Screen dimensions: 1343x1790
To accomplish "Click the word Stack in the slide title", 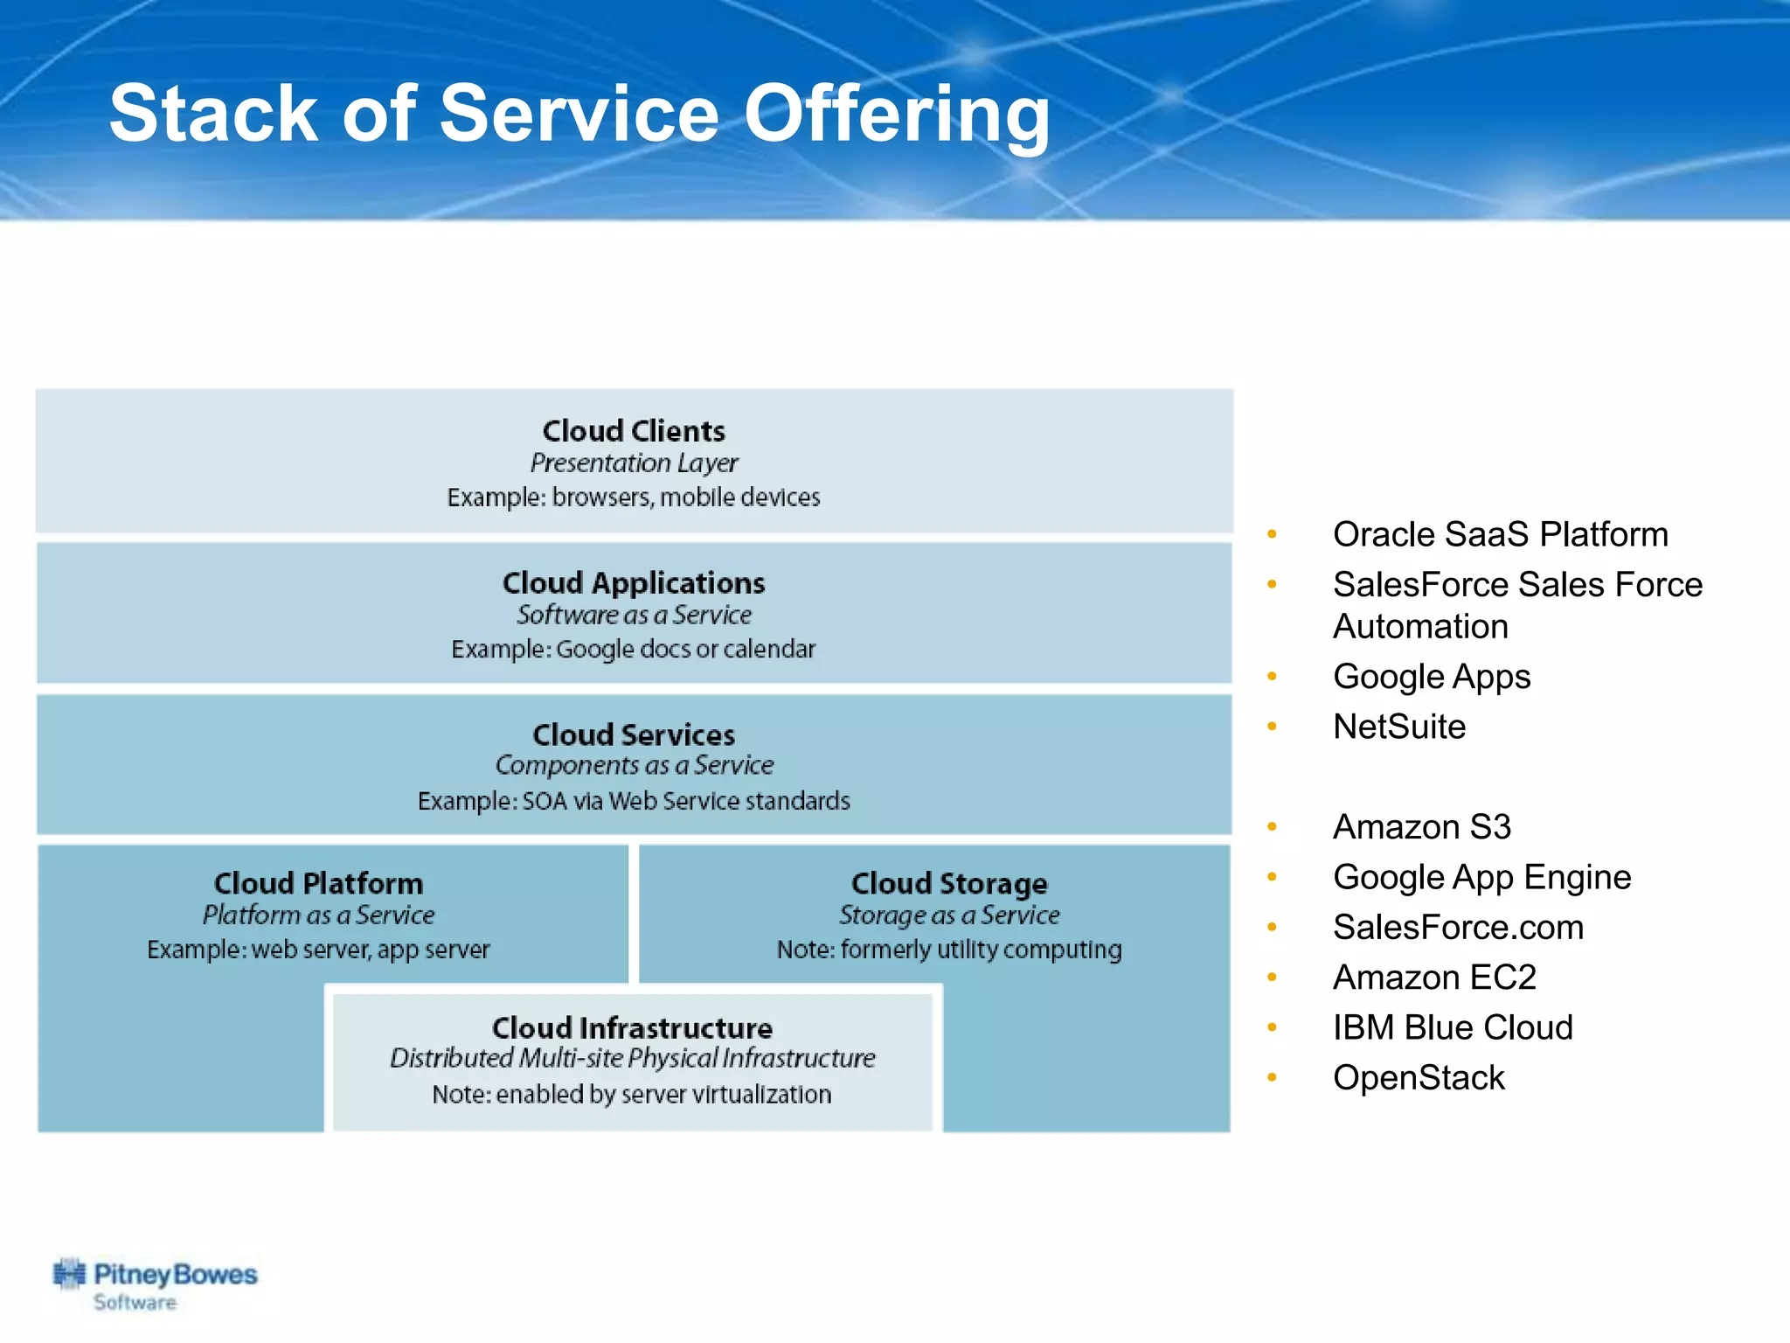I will [213, 114].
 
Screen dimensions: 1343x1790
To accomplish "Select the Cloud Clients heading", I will [634, 431].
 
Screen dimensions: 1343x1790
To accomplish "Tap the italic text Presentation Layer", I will [634, 463].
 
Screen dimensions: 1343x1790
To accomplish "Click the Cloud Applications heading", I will [634, 583].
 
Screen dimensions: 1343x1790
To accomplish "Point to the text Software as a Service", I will [634, 615].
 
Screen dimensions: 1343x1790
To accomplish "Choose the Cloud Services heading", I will [634, 734].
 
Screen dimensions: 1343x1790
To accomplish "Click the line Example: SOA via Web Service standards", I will [634, 801].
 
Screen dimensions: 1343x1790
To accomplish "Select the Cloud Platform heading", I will [318, 883].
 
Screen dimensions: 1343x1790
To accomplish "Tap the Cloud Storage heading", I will [949, 883].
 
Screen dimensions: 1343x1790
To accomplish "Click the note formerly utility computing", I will [949, 950].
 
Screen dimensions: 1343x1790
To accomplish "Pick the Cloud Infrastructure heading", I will [632, 1027].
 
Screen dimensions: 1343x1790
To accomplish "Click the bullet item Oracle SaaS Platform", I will [1500, 534].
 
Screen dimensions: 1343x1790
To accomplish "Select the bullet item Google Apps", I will [1432, 677].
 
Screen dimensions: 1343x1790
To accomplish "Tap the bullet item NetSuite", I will [1399, 727].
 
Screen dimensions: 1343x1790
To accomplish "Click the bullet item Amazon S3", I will [1422, 827].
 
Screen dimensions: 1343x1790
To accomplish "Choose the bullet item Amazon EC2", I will [1434, 978].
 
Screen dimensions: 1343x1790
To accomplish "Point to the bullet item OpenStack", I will [1419, 1078].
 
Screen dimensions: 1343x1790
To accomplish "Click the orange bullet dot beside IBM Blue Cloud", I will [1273, 1027].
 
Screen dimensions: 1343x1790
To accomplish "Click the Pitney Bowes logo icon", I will [69, 1275].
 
